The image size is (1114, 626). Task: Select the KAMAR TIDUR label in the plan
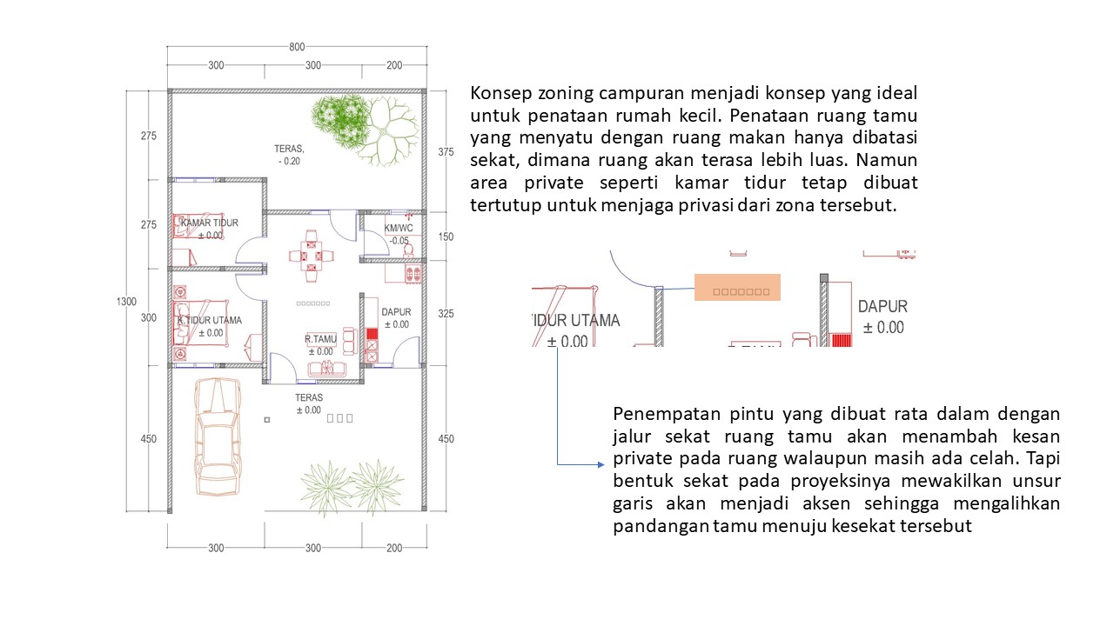209,223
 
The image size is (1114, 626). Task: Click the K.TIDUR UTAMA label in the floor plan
210,320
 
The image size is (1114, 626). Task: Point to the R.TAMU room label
319,339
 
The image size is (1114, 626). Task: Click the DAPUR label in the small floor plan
395,312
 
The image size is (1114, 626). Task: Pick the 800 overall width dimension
297,47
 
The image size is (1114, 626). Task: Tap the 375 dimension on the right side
446,151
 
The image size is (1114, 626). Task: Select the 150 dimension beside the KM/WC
446,236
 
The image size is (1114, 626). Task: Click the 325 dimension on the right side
446,313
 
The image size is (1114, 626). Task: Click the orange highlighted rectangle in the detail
737,288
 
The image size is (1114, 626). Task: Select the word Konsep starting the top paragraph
500,93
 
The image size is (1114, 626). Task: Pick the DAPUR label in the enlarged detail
882,307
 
